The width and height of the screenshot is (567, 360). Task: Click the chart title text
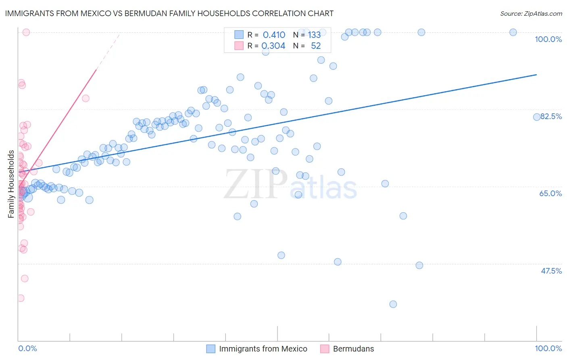169,13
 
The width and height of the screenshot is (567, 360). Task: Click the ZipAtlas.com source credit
531,13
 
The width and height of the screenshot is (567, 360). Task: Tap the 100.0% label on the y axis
548,39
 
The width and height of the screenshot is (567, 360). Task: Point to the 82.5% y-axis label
551,116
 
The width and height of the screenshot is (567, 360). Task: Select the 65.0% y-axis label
550,193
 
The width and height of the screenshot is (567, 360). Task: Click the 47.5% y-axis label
551,271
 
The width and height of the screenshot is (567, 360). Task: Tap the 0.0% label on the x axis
27,348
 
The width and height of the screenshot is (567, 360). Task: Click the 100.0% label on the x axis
548,348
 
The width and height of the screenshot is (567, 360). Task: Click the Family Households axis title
11,184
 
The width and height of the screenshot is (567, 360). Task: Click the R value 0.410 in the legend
274,35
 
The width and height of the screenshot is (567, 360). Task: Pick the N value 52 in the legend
316,46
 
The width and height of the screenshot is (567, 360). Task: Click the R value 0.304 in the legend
273,46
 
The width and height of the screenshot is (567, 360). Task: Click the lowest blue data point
393,304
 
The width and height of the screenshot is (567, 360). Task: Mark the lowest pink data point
21,298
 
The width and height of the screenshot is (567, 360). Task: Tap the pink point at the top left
26,32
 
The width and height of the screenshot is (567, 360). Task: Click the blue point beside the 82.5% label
537,117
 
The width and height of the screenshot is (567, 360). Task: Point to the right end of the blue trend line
536,75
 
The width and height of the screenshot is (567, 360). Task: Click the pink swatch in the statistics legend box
239,46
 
